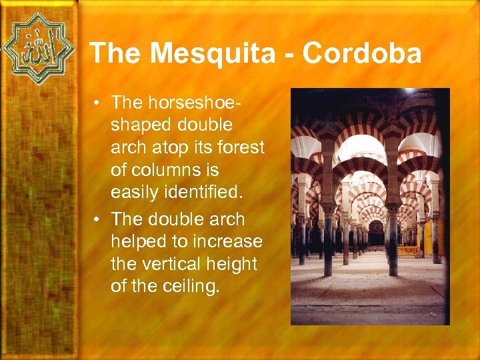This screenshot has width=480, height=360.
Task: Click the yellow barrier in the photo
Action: pos(409,251)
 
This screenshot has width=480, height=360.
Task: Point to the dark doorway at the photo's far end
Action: pos(376,235)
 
